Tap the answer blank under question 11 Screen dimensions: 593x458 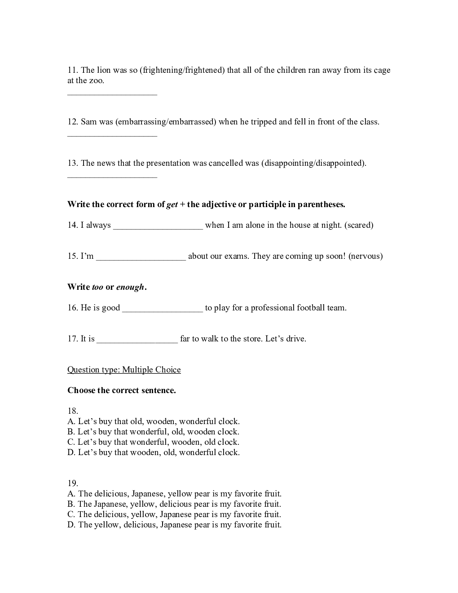tap(112, 93)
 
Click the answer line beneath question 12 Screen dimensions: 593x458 tap(112, 135)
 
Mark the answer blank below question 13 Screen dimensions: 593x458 tap(112, 176)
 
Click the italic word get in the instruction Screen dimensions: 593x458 tap(172, 205)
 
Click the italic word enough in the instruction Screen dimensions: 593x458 tap(130, 287)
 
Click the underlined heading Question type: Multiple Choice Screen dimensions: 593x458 tap(124, 370)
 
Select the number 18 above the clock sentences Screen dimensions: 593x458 tap(73, 411)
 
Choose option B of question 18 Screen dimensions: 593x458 tap(153, 432)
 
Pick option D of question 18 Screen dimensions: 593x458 tap(154, 452)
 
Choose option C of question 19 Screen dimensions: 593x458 tap(174, 514)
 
